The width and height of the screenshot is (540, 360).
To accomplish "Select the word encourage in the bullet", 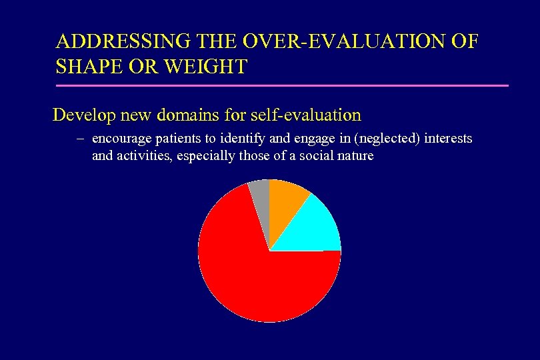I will tap(119, 139).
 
